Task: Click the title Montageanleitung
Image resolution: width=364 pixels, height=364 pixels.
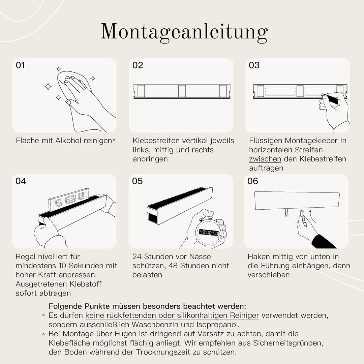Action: tap(184, 32)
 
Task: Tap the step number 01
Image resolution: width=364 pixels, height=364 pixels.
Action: tap(21, 65)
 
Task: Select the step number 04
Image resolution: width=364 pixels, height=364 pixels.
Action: tap(21, 181)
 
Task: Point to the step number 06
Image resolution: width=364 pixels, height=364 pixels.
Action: tap(253, 181)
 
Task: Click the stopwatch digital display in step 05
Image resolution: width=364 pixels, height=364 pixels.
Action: tap(208, 233)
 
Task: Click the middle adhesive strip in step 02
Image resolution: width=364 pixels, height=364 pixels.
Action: tap(182, 91)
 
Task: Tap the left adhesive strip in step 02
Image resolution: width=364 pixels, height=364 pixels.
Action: tap(141, 91)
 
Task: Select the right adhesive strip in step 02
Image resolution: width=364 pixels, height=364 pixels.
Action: tap(223, 91)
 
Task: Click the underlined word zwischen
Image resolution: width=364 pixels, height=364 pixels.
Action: tap(265, 159)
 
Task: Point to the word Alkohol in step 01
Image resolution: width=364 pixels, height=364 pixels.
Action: tap(71, 141)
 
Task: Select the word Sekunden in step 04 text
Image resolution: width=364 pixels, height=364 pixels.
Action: tap(81, 266)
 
